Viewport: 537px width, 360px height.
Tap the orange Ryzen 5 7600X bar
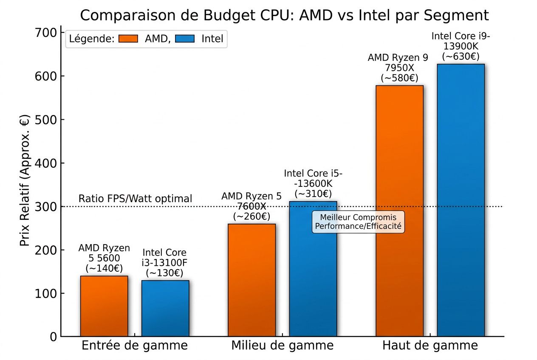[252, 280]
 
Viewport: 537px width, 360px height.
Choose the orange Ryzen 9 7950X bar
[399, 212]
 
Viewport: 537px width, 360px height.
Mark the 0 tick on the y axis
[52, 337]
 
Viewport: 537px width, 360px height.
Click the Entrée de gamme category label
[134, 346]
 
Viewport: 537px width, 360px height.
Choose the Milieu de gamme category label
[282, 346]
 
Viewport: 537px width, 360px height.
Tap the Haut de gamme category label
[430, 346]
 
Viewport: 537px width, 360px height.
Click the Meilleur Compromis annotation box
[358, 222]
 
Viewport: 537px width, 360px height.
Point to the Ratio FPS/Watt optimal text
[135, 199]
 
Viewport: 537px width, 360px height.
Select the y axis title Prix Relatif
[25, 180]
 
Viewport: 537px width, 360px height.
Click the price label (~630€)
[461, 56]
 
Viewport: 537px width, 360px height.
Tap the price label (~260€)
[252, 216]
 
